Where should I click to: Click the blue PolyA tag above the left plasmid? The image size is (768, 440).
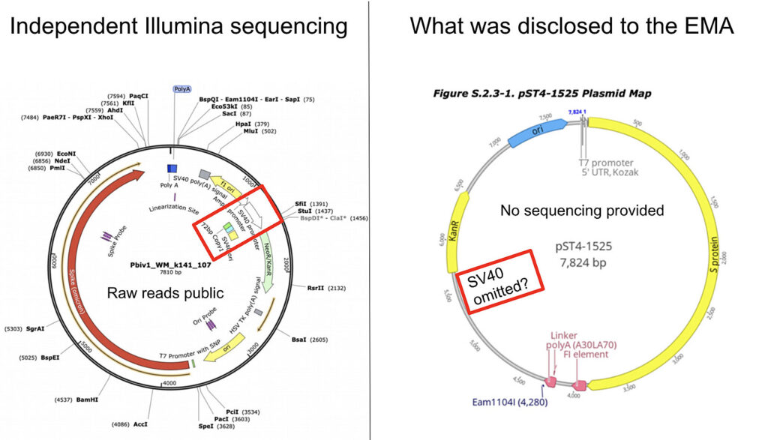[x=182, y=88]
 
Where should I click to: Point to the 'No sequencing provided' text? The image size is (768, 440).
[x=582, y=211]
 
